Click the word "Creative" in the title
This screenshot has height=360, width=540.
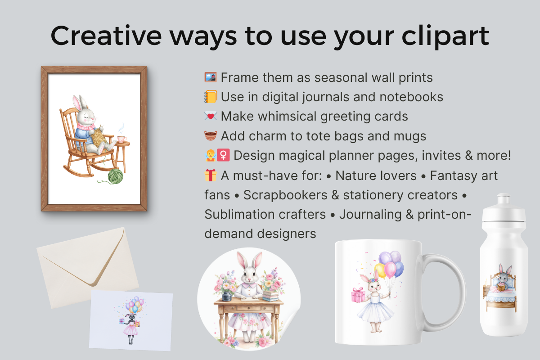(106, 36)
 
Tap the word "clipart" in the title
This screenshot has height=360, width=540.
(445, 36)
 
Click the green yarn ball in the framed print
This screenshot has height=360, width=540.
(115, 176)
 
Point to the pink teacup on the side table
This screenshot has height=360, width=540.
(122, 139)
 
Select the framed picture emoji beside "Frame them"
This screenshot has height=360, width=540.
(211, 77)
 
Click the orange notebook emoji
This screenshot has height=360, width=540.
(211, 97)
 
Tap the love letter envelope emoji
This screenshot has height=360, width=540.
(211, 116)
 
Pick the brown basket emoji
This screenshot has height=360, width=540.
(211, 136)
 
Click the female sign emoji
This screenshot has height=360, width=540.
(223, 155)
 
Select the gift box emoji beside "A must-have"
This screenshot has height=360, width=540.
(211, 175)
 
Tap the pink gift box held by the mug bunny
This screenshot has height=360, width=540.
(358, 295)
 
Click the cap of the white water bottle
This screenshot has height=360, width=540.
(504, 207)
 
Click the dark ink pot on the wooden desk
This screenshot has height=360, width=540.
(227, 296)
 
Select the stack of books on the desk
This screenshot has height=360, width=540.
(271, 296)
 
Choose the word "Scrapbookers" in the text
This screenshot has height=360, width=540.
(285, 195)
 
